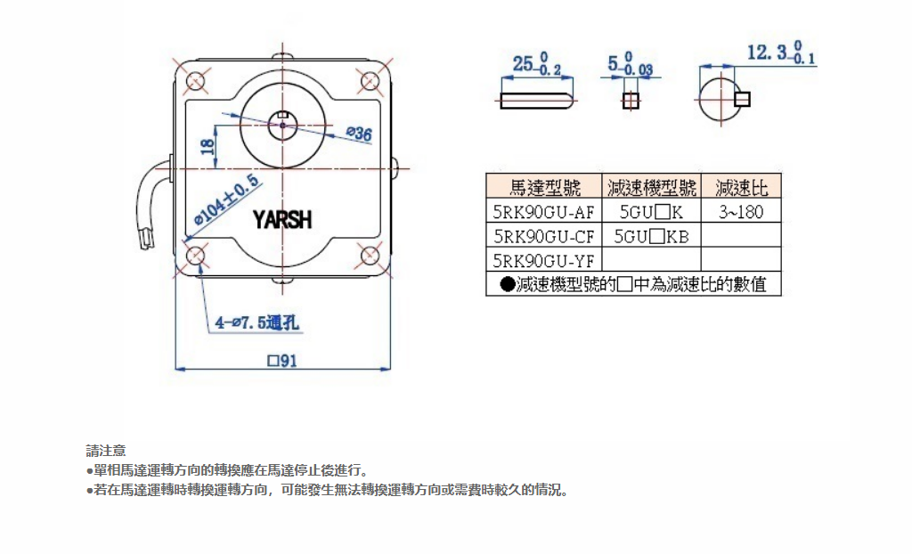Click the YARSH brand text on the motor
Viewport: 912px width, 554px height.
tap(282, 219)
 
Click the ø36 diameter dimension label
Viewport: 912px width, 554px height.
tap(357, 134)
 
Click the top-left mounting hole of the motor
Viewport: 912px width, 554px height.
tap(195, 81)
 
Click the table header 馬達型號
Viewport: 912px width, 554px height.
tap(544, 187)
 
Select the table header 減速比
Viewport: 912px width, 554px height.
tap(740, 187)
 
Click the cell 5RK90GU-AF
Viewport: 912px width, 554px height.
tap(543, 212)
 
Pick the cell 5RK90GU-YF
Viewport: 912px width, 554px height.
tap(543, 260)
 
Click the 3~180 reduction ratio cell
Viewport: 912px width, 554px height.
tap(740, 212)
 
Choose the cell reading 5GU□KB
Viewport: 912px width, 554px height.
tap(651, 236)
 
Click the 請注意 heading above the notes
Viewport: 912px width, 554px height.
tap(105, 450)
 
